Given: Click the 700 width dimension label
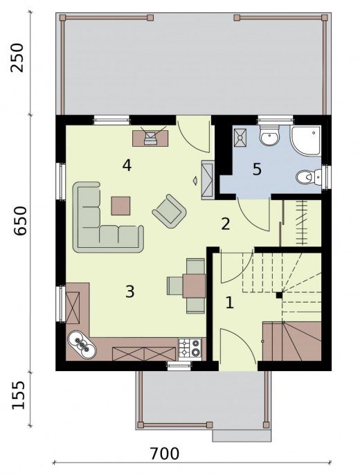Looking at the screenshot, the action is tap(165, 454).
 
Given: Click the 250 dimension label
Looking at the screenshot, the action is tap(17, 57).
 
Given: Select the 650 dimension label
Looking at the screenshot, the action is tap(21, 220).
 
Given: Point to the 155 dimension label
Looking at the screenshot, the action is tap(18, 395).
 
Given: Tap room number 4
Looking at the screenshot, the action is tap(127, 165).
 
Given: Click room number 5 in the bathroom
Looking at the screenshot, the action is tap(257, 169).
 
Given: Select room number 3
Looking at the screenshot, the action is tap(129, 292).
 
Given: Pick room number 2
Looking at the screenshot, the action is tap(226, 224).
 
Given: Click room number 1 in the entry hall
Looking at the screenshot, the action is tap(230, 303).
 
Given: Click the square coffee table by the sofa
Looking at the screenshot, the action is tap(120, 206).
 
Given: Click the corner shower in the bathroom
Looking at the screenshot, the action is tap(305, 141).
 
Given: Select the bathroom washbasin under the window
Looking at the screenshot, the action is tap(269, 136).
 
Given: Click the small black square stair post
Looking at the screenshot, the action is tap(279, 295).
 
